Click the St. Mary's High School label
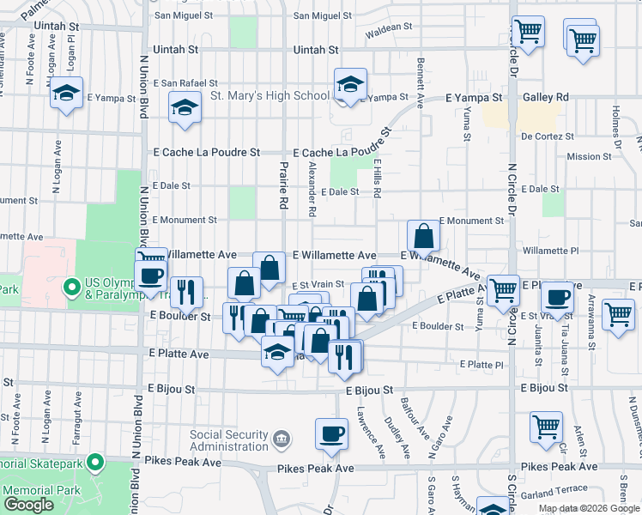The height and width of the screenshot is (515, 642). coord(270,95)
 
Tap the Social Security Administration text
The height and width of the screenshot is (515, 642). coord(228,440)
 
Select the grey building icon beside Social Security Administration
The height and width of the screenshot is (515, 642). coord(281,440)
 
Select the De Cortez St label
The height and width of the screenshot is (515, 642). coord(547,136)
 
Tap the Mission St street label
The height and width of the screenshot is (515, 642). coord(590,156)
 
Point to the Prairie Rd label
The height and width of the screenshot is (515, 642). coord(283,185)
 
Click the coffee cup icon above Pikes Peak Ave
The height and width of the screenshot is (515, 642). coord(331,434)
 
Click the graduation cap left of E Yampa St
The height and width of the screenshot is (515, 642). coord(66,94)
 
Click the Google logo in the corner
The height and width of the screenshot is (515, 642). coord(28,506)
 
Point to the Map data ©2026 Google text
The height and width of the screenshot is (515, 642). coord(590,508)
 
